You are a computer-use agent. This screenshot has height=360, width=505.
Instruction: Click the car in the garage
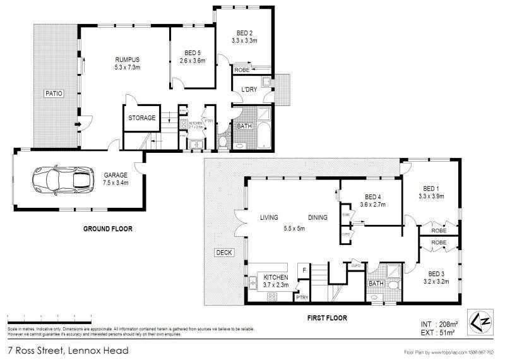pos(61,181)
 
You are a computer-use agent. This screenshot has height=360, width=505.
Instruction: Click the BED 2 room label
pos(245,32)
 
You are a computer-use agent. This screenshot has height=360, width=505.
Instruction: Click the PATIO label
pos(52,93)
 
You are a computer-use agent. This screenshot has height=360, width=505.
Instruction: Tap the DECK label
pos(224,253)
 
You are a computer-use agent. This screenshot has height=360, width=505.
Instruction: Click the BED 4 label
pos(373,196)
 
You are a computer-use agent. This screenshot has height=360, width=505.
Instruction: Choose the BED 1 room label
pos(431,188)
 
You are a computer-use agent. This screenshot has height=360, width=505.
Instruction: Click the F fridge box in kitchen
pos(304,270)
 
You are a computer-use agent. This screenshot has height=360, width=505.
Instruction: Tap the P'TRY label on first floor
pos(302,297)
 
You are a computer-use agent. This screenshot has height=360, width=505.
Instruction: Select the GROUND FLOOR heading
pos(109,229)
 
